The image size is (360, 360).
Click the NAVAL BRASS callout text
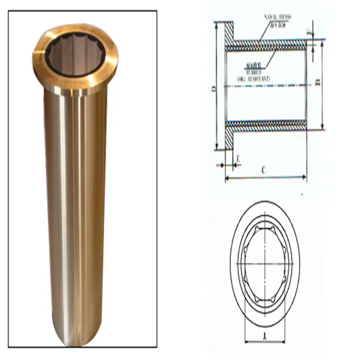[x=277, y=17]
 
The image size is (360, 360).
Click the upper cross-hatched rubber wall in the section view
[x=267, y=47]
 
